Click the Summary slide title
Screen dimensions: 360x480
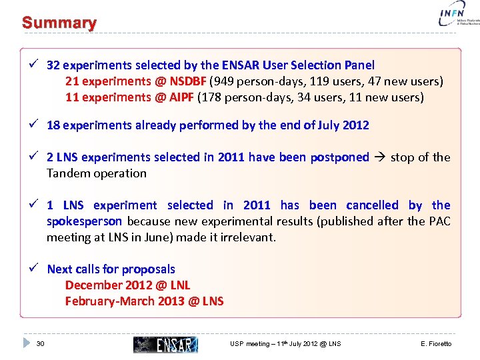[x=59, y=23]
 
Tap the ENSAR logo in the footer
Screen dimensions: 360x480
[x=165, y=344]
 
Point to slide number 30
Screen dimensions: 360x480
[x=41, y=344]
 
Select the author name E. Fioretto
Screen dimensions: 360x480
[x=436, y=344]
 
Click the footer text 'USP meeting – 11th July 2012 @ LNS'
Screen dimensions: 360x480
[x=285, y=344]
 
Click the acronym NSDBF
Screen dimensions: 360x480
[x=188, y=81]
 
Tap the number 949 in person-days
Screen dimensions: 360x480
[x=225, y=81]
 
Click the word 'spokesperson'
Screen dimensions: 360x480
[x=84, y=221]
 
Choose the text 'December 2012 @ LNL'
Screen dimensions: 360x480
[x=127, y=285]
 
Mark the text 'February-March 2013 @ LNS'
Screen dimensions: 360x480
[x=144, y=301]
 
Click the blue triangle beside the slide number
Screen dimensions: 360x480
[x=27, y=343]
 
